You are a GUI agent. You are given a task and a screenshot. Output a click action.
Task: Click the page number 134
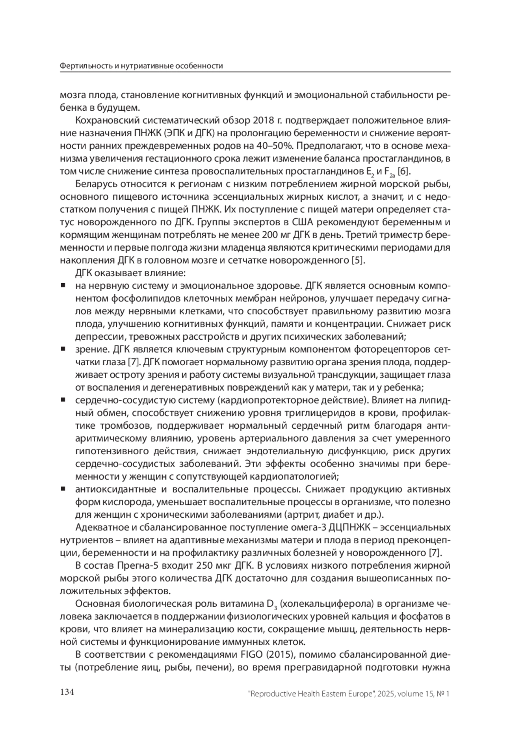67,692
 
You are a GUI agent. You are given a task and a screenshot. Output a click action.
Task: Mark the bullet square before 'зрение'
63,350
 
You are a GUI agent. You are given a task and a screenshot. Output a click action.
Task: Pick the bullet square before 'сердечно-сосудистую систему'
63,400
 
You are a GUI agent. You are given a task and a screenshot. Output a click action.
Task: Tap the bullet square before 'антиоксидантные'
63,489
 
